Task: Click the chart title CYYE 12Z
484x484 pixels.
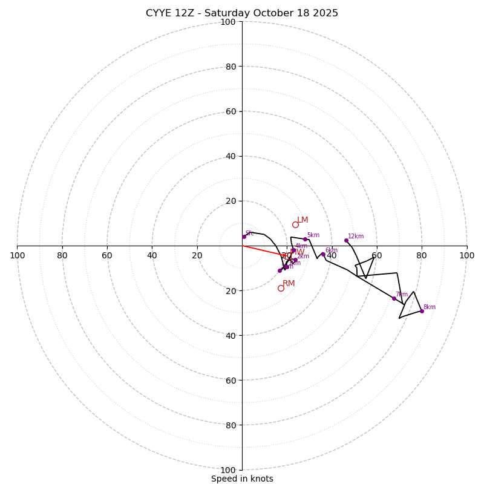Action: tap(242, 13)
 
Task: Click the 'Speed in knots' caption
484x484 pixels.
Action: tap(242, 479)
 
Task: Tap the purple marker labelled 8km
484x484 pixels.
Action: tap(422, 311)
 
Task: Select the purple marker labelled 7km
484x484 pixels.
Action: tap(394, 298)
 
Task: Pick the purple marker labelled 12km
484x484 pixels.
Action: tap(346, 240)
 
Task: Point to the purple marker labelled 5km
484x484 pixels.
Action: tap(305, 239)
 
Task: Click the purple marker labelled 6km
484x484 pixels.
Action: tap(323, 255)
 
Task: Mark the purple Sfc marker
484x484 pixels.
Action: tap(244, 237)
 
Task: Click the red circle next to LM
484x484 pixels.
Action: tap(295, 224)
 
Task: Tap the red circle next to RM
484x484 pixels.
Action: tap(281, 288)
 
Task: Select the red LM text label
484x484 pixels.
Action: tap(302, 220)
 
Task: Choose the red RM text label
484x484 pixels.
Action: tap(289, 284)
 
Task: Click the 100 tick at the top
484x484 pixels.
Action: tap(228, 22)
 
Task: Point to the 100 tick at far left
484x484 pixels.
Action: tap(17, 255)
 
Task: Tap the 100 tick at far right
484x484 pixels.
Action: tap(466, 255)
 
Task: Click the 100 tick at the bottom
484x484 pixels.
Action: tap(228, 470)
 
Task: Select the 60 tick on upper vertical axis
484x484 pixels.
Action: tap(230, 111)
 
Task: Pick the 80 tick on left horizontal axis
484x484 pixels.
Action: tap(62, 255)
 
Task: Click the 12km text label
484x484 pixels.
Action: tap(356, 237)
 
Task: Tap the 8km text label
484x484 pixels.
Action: tap(429, 307)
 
